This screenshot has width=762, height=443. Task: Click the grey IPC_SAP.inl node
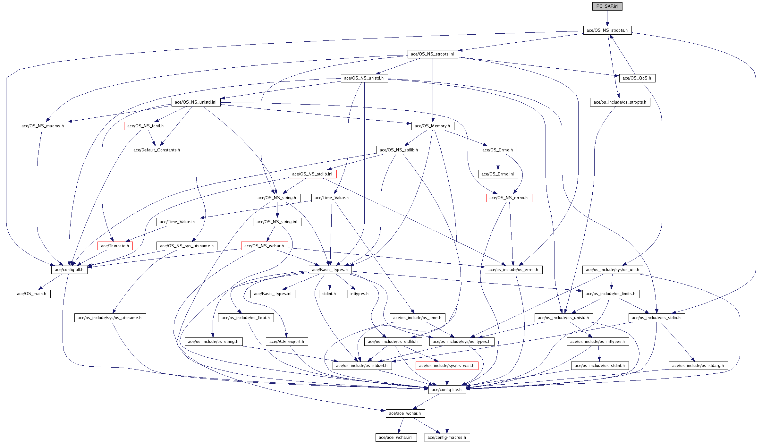tap(607, 6)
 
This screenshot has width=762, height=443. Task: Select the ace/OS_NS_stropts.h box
tap(607, 30)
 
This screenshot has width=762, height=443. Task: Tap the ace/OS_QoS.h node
tap(637, 78)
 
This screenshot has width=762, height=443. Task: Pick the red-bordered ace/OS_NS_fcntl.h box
tap(146, 126)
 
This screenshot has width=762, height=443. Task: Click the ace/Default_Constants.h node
tap(157, 150)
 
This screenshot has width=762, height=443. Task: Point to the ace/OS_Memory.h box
tap(432, 126)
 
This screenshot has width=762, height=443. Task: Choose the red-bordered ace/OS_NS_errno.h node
tap(509, 198)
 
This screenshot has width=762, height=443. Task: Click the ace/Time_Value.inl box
tap(178, 222)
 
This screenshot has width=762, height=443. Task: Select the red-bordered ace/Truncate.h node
tap(115, 246)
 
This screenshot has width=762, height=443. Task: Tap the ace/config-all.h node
tap(69, 270)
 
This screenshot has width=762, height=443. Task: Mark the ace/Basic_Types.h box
tap(330, 270)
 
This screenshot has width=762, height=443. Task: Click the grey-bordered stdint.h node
tap(329, 294)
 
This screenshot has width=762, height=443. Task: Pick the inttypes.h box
tap(360, 294)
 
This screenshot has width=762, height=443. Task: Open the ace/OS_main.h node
tap(32, 294)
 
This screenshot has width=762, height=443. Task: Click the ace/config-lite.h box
tap(447, 390)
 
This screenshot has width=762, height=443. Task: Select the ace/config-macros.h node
tap(447, 438)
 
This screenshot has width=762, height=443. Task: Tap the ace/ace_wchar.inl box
tap(396, 438)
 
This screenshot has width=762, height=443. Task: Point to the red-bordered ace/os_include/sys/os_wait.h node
tap(447, 366)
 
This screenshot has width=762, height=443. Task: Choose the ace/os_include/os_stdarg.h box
tap(698, 366)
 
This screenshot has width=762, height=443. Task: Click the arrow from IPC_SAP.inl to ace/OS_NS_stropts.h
tap(607, 18)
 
